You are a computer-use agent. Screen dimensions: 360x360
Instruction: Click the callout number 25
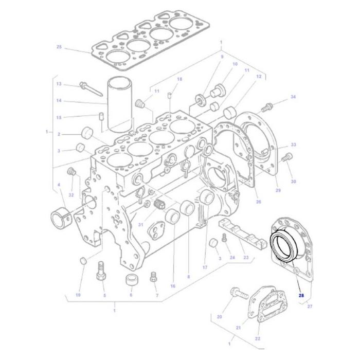point(59,47)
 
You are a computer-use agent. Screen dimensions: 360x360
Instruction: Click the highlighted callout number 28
point(301,295)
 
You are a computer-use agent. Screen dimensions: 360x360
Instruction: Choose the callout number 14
point(59,101)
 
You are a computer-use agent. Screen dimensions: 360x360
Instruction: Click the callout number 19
point(78,295)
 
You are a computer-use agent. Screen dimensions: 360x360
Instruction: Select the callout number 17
point(204,267)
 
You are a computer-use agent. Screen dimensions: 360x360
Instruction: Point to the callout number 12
point(259,77)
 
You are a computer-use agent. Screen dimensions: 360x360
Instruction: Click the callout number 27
point(310,307)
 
